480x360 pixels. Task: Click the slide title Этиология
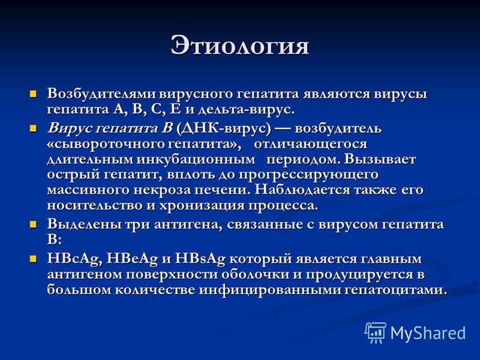tap(239, 46)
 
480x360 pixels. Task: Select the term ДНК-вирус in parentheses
tap(224, 128)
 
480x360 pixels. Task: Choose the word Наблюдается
tap(302, 190)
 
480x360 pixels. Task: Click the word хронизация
tap(202, 206)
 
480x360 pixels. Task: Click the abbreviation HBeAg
tap(132, 259)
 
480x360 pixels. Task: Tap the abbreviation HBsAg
tap(200, 259)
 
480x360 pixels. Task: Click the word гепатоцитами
tap(396, 290)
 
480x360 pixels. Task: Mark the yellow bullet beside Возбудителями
tap(33, 94)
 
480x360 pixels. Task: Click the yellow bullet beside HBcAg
tap(33, 259)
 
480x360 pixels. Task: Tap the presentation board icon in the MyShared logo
tap(376, 332)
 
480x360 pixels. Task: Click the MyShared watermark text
tap(428, 333)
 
